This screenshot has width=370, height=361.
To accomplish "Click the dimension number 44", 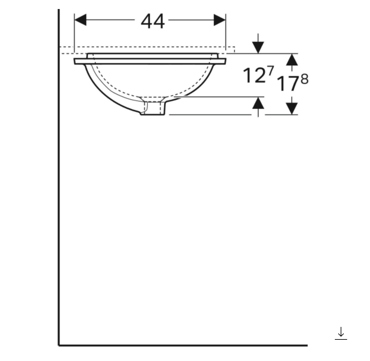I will (153, 21).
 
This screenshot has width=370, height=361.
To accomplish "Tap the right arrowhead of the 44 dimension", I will (219, 20).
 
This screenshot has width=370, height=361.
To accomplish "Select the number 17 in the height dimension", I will (288, 84).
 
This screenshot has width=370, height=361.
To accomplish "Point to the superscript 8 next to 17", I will (304, 79).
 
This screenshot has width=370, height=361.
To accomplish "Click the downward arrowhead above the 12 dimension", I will (258, 48).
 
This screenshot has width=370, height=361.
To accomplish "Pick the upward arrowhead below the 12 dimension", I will (258, 103).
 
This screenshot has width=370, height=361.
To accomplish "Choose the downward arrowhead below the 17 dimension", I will (292, 109).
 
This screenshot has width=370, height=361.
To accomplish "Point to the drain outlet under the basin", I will (154, 108).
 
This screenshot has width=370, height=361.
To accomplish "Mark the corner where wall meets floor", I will (59, 345).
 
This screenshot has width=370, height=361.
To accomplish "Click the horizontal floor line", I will (184, 346).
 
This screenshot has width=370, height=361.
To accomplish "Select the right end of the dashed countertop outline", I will (234, 50).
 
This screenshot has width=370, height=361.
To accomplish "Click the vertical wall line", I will (59, 193).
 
